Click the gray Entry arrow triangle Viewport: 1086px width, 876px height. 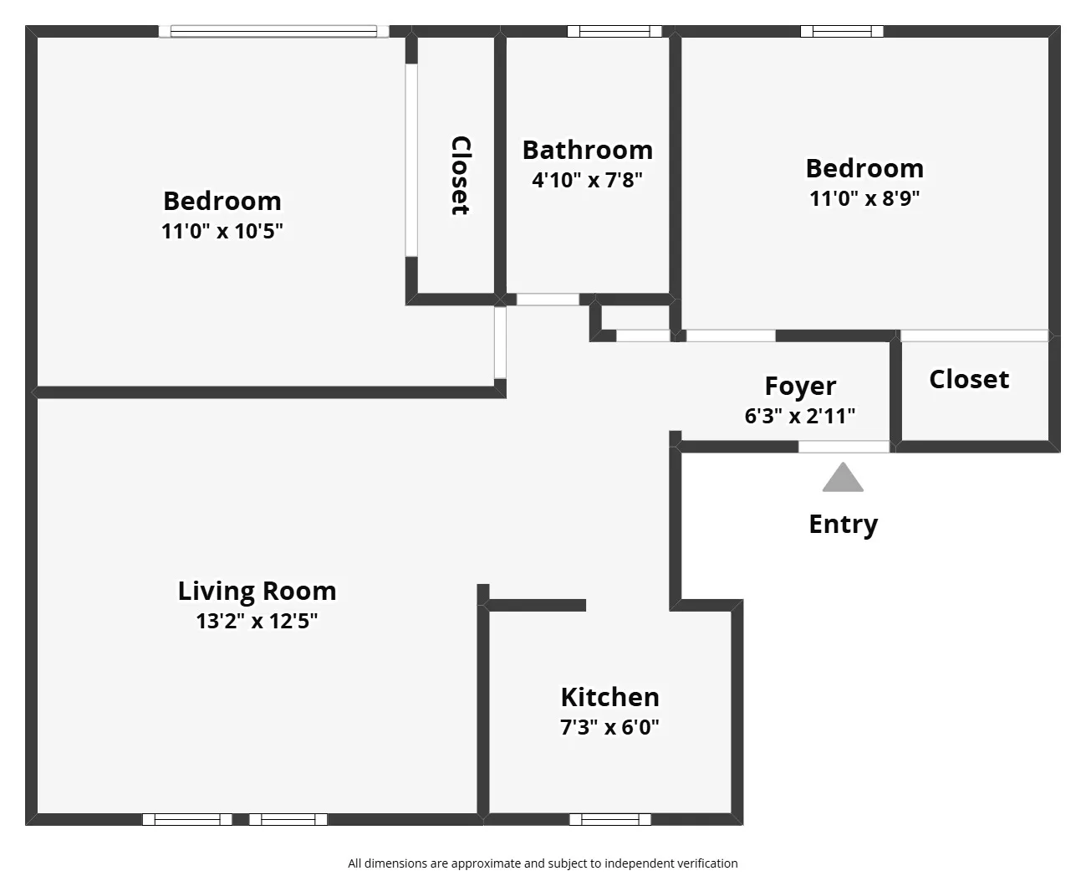(x=843, y=479)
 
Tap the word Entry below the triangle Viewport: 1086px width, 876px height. (x=843, y=525)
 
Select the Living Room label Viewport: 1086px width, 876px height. (x=257, y=591)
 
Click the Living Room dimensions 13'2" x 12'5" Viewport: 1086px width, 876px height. (x=257, y=621)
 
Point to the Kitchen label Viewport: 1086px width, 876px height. (x=609, y=697)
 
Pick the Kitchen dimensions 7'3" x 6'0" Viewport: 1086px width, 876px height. (x=609, y=727)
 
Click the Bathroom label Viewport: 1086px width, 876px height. (x=587, y=150)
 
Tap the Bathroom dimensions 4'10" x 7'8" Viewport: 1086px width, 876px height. (x=587, y=180)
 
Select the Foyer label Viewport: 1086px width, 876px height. (x=800, y=386)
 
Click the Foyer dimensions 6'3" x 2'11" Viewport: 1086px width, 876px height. (x=800, y=416)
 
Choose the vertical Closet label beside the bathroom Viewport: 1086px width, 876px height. (x=460, y=176)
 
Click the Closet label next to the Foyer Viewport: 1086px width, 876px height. (x=969, y=379)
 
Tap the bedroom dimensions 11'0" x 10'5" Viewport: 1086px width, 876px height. (x=222, y=231)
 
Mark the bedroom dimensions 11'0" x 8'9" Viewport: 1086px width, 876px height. (x=864, y=198)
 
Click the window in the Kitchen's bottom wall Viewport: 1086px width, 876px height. (x=609, y=819)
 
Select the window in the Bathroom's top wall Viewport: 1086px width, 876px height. (x=614, y=32)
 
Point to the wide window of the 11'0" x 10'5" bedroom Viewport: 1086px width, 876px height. (x=273, y=32)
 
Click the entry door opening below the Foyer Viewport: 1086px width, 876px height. (x=844, y=447)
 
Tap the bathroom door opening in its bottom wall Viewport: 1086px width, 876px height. (x=548, y=300)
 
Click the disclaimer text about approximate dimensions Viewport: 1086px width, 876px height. (x=543, y=863)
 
